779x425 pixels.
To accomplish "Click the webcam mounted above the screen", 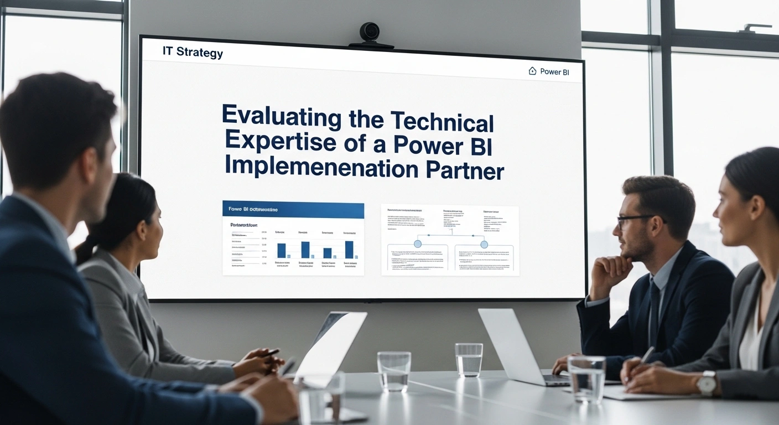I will click(x=370, y=33).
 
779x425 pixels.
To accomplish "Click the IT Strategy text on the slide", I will click(x=193, y=53).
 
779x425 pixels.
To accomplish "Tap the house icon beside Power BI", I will click(x=532, y=71).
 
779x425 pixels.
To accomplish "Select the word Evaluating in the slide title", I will click(x=281, y=117).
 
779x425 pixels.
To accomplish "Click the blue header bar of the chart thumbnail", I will click(x=293, y=210).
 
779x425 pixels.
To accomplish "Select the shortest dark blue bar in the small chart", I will click(x=328, y=253).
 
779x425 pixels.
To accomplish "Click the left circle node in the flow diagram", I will click(x=418, y=243).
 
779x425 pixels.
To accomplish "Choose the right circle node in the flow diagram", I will click(x=484, y=244).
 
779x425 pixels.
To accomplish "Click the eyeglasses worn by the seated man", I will click(x=636, y=220).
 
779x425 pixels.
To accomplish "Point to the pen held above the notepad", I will click(x=647, y=355).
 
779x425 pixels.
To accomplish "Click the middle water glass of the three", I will click(x=469, y=360).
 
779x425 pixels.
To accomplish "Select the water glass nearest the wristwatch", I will click(x=586, y=379).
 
